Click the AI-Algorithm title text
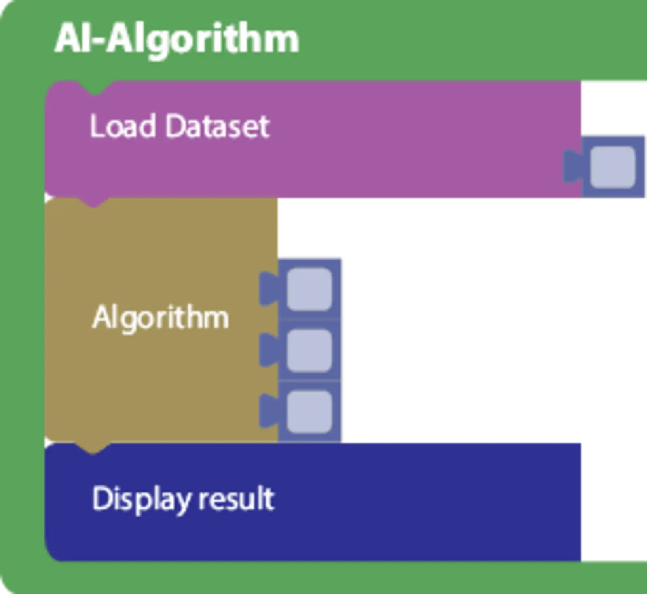pyautogui.click(x=177, y=39)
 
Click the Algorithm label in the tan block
pyautogui.click(x=161, y=317)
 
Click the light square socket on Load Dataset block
pyautogui.click(x=613, y=167)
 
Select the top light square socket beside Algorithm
pyautogui.click(x=309, y=289)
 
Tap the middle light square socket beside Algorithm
pyautogui.click(x=309, y=350)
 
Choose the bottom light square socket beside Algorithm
pyautogui.click(x=309, y=411)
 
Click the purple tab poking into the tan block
pyautogui.click(x=94, y=202)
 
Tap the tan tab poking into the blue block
pyautogui.click(x=93, y=447)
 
